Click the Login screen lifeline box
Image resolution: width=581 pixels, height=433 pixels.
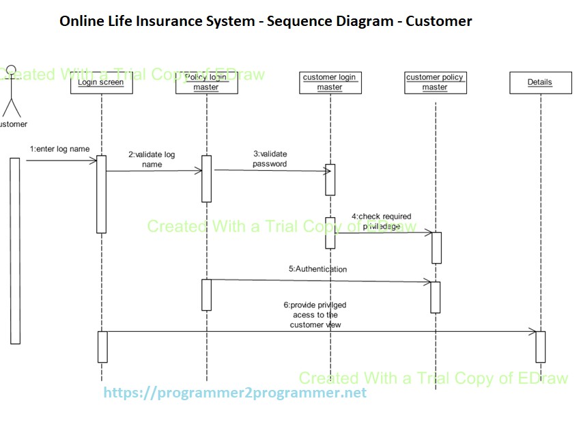[101, 83]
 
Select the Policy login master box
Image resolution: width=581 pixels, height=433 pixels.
[206, 83]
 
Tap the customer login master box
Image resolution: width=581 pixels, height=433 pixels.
[330, 83]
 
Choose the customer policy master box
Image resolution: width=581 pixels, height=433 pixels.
[435, 83]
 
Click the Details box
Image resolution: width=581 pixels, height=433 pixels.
[539, 83]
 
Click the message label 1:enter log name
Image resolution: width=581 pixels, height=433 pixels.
[59, 149]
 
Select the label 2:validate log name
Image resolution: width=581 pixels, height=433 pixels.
[152, 159]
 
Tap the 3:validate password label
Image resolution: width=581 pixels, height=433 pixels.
[270, 159]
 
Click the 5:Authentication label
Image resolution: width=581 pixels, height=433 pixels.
[317, 269]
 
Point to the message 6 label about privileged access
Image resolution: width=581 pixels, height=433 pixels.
[315, 315]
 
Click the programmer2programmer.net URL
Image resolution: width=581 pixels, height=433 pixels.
[235, 393]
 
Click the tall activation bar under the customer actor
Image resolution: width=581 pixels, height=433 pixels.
[15, 250]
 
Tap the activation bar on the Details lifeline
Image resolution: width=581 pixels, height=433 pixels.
[540, 346]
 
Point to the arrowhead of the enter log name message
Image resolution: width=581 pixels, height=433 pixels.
[94, 161]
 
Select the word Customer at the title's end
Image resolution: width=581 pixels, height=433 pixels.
[438, 21]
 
